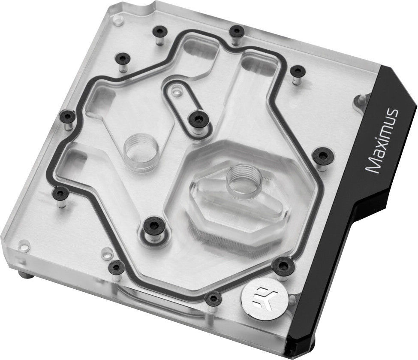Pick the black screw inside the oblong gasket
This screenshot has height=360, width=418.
coord(198,119)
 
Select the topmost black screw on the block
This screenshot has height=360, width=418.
coord(236,31)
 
